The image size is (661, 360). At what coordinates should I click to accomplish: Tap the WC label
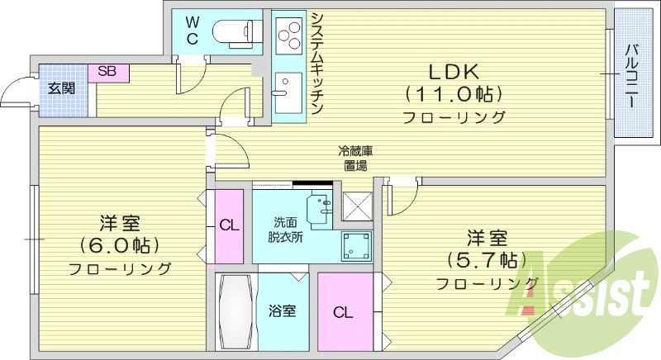coord(191,29)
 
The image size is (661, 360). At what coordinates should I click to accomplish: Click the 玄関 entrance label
coord(60,87)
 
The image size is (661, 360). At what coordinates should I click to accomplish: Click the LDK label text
coord(454,71)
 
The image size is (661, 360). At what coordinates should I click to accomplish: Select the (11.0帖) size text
coord(454,93)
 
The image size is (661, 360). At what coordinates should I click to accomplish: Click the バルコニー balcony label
coord(630,74)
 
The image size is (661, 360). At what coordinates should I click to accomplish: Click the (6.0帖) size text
coord(120,245)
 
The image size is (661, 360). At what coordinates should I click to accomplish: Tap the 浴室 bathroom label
coord(282,312)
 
